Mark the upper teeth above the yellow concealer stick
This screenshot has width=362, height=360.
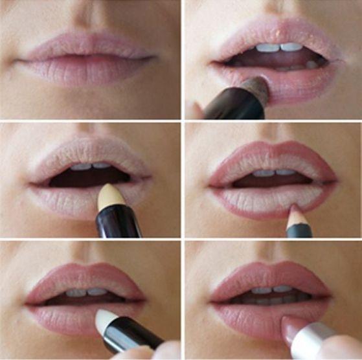[x=91, y=166]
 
